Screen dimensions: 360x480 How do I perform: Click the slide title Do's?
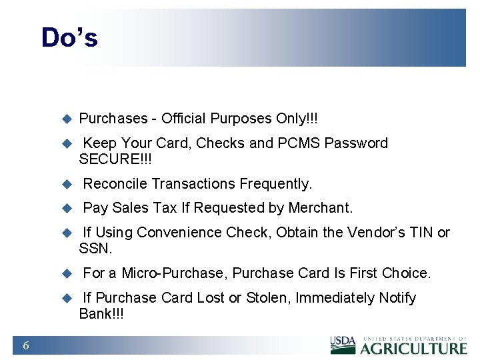pyautogui.click(x=69, y=37)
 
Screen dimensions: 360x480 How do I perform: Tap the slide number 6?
pyautogui.click(x=25, y=345)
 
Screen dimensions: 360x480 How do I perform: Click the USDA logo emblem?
pyautogui.click(x=343, y=344)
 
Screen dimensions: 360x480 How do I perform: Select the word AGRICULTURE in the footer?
pyautogui.click(x=414, y=347)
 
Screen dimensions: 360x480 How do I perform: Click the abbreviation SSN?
pyautogui.click(x=95, y=249)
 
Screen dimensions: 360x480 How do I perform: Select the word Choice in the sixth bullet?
pyautogui.click(x=406, y=273)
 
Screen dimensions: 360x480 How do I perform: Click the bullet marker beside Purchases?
pyautogui.click(x=66, y=119)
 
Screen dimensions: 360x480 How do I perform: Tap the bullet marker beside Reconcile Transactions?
pyautogui.click(x=66, y=184)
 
